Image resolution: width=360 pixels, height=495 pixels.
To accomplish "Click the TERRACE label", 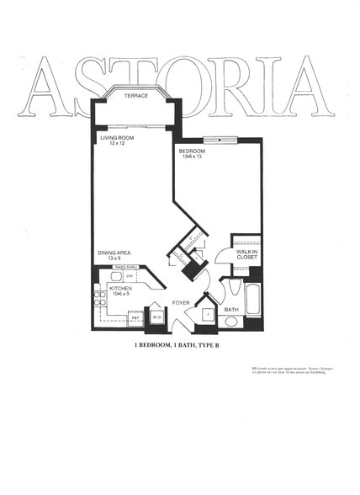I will (x=136, y=96).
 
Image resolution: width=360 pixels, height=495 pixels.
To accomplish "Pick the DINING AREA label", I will (x=114, y=252).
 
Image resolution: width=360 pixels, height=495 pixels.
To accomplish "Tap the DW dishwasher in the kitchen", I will (x=129, y=275).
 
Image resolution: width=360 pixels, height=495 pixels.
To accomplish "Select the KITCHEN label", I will (x=121, y=288).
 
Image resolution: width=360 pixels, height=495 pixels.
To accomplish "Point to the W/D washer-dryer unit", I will (x=156, y=317).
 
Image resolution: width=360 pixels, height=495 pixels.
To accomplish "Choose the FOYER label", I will (x=181, y=301).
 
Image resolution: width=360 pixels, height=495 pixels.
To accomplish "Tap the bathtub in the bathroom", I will (x=253, y=299).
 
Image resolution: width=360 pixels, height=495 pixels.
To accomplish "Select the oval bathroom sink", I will (x=230, y=321).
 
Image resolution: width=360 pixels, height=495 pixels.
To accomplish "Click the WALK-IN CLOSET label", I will (x=246, y=255).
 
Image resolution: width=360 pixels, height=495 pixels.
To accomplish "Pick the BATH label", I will (x=231, y=309).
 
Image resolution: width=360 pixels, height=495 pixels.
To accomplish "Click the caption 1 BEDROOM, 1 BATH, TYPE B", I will (x=177, y=346).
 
